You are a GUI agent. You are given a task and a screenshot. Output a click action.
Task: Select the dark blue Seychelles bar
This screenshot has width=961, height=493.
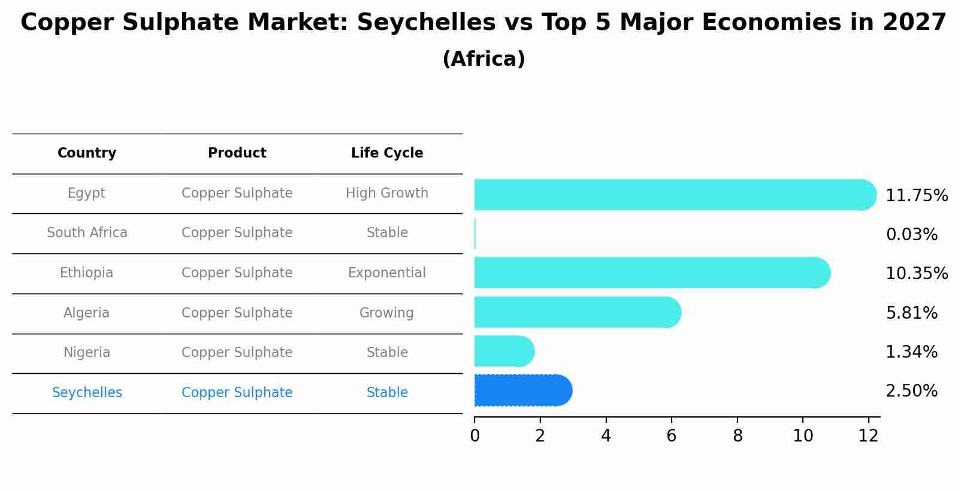pyautogui.click(x=522, y=391)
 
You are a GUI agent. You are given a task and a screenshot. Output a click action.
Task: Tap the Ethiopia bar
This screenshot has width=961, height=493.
pyautogui.click(x=652, y=273)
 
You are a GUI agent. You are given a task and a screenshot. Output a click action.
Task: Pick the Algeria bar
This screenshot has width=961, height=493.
pyautogui.click(x=577, y=312)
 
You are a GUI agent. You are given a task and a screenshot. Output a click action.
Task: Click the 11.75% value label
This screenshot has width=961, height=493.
pyautogui.click(x=916, y=196)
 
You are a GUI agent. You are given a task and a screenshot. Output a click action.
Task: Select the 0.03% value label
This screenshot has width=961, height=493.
pyautogui.click(x=911, y=235)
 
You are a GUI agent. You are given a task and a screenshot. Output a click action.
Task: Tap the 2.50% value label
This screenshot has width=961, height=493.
pyautogui.click(x=911, y=391)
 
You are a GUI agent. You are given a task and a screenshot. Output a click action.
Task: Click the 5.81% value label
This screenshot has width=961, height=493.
pyautogui.click(x=911, y=313)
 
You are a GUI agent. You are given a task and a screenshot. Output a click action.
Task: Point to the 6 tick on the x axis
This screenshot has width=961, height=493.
pyautogui.click(x=671, y=436)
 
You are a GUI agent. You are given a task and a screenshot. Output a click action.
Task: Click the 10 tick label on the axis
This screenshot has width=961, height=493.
pyautogui.click(x=803, y=436)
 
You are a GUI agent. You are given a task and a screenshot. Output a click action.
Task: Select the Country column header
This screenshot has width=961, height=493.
pyautogui.click(x=87, y=153)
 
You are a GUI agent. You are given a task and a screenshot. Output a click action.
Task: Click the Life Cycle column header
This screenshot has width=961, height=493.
pyautogui.click(x=387, y=153)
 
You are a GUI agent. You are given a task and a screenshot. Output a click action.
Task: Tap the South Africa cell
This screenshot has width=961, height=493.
pyautogui.click(x=87, y=233)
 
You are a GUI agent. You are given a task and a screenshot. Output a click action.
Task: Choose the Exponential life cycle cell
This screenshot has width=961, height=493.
pyautogui.click(x=387, y=273)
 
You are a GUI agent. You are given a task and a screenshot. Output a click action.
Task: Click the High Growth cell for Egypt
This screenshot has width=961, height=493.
pyautogui.click(x=387, y=193)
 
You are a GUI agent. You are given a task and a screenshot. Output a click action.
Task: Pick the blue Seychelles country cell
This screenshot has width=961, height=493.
pyautogui.click(x=87, y=393)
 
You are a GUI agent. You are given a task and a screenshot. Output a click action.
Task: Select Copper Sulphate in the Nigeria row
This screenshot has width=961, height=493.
pyautogui.click(x=237, y=353)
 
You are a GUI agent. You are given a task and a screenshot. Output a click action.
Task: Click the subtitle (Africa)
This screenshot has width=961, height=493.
pyautogui.click(x=483, y=59)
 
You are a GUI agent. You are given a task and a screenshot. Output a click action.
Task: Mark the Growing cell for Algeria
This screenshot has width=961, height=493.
pyautogui.click(x=386, y=313)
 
